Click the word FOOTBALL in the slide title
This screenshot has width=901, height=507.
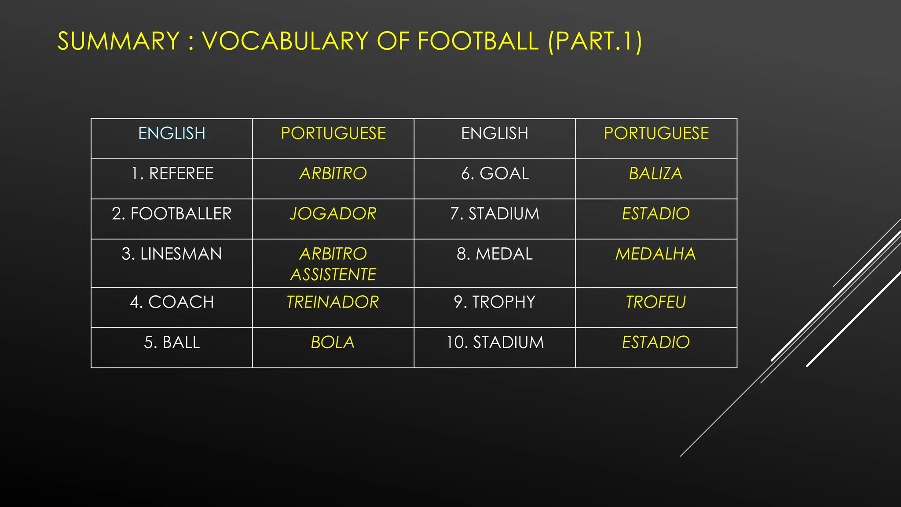tap(478, 41)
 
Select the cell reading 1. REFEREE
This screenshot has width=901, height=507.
tap(172, 174)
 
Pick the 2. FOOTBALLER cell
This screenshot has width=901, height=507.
tap(172, 214)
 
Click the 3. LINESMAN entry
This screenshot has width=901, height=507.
tap(172, 254)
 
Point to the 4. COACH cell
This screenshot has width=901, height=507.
tap(172, 302)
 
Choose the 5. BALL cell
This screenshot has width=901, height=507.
tap(172, 342)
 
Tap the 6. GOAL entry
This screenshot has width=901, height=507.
tap(495, 174)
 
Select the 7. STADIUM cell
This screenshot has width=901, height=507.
tap(495, 214)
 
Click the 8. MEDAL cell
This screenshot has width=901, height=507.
tap(495, 254)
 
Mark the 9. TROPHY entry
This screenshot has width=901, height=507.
tap(495, 302)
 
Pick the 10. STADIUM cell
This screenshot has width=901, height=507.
tap(495, 342)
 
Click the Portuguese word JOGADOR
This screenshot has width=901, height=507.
tap(333, 214)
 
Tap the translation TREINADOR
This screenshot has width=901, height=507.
tap(333, 302)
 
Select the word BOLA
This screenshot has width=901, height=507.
tap(333, 342)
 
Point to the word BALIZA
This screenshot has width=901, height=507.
tap(656, 174)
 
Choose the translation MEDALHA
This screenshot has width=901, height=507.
tap(656, 254)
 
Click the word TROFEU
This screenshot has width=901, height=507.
tap(656, 302)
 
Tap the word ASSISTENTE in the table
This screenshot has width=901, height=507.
tap(333, 275)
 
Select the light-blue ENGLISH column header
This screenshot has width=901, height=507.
tap(172, 133)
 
